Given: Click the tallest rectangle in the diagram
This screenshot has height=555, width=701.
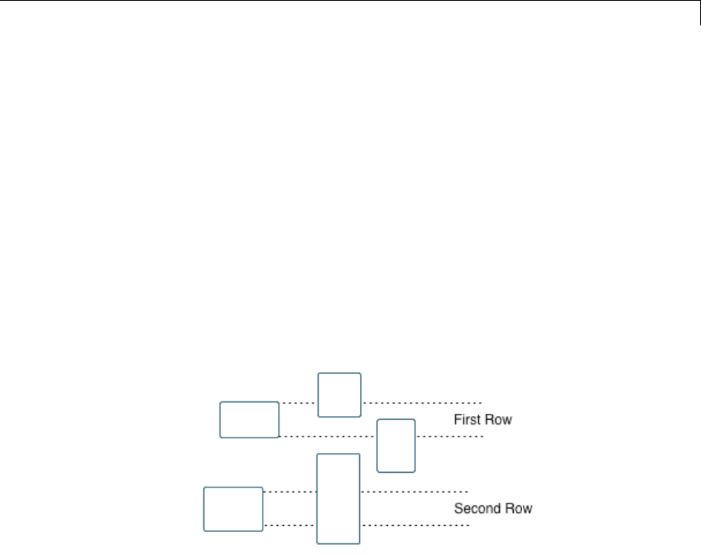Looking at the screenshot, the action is (339, 499).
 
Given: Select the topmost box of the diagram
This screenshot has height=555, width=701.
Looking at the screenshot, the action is (339, 395).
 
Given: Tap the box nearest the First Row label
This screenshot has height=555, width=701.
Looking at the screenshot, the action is (396, 445).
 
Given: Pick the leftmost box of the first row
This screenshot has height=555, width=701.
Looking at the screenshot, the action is (250, 419).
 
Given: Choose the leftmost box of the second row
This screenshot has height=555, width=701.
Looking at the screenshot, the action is (233, 509).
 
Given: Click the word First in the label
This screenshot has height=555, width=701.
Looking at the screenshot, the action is (467, 420).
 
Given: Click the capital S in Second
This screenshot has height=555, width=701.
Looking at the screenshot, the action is (458, 508).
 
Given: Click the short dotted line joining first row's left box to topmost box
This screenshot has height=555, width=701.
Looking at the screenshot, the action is (298, 402).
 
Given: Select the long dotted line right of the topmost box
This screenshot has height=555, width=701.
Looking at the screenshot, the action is (422, 402).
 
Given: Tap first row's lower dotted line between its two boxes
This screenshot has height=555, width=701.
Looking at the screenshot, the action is (327, 436).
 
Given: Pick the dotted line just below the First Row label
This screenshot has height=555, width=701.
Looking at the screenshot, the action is (449, 436).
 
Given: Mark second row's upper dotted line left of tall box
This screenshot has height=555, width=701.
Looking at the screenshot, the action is (289, 491).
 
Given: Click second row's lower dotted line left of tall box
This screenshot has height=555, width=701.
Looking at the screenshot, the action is (289, 525).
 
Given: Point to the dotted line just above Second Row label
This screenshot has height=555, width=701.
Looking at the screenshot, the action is (415, 491).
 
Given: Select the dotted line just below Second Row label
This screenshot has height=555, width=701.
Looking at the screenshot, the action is (415, 525).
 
